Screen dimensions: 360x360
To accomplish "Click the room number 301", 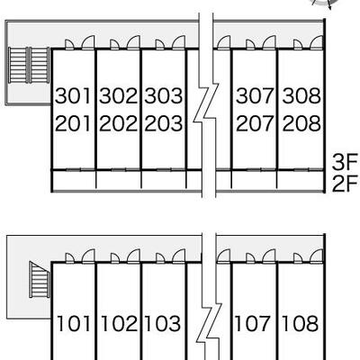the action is coord(73,95).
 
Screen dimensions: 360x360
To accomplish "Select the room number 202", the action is coord(118,123).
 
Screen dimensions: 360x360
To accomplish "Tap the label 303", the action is coord(164,95).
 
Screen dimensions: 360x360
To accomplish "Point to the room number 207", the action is coord(255,123).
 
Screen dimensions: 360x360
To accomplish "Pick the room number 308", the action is coord(301,95).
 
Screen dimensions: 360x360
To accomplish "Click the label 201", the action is coord(73,123).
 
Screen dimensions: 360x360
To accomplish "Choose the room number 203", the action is coord(164,123).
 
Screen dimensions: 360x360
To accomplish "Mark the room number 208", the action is coord(301,123).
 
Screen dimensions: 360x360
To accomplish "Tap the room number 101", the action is coord(74,324).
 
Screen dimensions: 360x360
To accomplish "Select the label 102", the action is coord(119,324).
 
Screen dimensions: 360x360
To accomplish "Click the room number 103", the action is coord(163,324).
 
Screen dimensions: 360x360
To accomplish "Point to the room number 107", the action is coord(253,324).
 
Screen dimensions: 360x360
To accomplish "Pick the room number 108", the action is coord(300,324).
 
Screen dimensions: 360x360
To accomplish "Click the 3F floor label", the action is coord(345,161).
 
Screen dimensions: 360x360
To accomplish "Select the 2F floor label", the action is coord(345,184).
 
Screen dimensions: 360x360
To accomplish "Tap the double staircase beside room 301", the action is coord(29,65).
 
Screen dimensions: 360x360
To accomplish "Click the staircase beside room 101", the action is coord(40,279).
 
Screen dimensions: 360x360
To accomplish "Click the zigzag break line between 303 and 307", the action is coord(206,105).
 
